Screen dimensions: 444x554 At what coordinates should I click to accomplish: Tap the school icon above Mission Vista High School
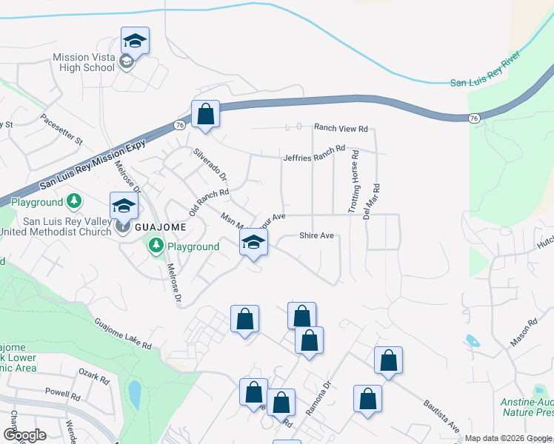[135, 41]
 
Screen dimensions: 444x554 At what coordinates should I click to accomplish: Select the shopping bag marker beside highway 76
[206, 115]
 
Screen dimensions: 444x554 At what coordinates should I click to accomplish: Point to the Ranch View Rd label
[341, 128]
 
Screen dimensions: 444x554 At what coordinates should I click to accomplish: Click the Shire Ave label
[317, 236]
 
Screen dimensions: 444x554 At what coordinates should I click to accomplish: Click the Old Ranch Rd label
[207, 203]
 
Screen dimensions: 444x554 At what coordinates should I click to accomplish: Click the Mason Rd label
[522, 334]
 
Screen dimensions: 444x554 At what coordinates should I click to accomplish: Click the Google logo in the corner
[24, 435]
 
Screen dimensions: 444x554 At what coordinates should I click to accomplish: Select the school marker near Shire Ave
[254, 242]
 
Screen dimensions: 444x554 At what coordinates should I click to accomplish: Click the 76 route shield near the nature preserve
[474, 118]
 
